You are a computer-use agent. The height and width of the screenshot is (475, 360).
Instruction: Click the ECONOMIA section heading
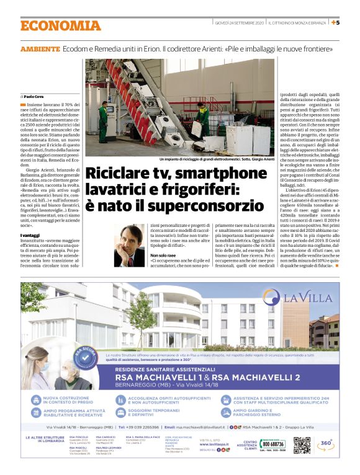[60, 25]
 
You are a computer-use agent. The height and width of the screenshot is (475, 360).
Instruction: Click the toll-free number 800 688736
[273, 444]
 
